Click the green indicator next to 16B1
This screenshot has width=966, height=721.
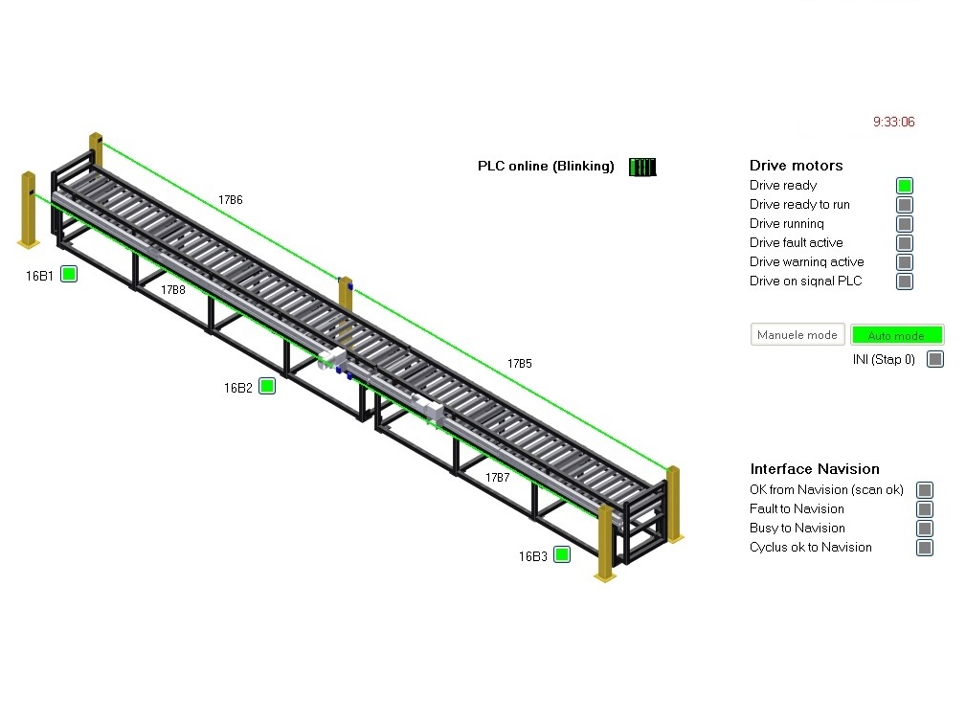[x=69, y=274]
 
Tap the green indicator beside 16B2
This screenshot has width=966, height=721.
[x=267, y=386]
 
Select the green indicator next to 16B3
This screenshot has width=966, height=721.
[x=562, y=554]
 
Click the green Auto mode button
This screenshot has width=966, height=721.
[x=897, y=335]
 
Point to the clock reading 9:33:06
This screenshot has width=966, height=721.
[x=893, y=122]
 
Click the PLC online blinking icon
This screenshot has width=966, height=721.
[x=642, y=167]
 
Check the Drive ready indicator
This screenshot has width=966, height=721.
[x=905, y=186]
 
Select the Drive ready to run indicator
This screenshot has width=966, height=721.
[x=905, y=205]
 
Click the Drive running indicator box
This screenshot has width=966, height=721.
[x=905, y=224]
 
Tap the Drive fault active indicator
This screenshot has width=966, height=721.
[x=905, y=243]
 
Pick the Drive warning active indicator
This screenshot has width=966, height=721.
[x=905, y=262]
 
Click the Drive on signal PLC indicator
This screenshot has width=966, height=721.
[x=905, y=282]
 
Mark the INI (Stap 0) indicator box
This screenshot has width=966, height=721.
[x=935, y=359]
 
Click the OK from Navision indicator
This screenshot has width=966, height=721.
[x=925, y=490]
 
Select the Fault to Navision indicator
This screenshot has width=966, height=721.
[x=925, y=509]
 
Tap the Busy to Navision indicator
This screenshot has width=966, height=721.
[x=925, y=529]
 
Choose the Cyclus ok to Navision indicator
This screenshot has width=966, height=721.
[x=925, y=548]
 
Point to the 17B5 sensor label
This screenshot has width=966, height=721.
[x=520, y=364]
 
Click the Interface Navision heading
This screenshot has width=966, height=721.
[x=815, y=469]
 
